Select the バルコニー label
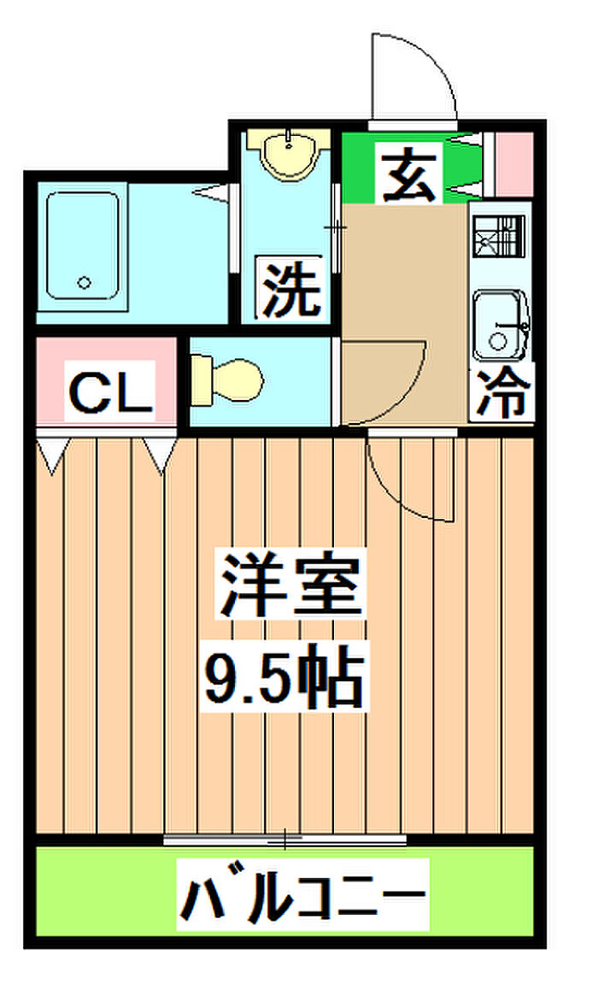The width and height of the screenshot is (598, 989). (302, 894)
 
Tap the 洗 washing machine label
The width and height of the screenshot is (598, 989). (290, 287)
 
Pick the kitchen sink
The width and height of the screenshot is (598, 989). (501, 324)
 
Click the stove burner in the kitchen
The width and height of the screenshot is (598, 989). (498, 236)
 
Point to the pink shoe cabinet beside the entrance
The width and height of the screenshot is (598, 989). (514, 164)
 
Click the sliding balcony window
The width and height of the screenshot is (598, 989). (284, 839)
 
